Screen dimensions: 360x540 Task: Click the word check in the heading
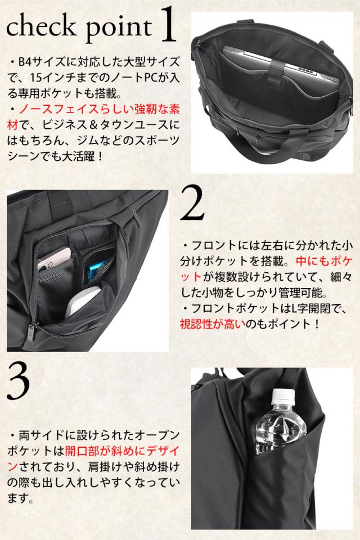click(41, 26)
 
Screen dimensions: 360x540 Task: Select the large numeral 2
click(192, 203)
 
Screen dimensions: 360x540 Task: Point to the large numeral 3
click(18, 383)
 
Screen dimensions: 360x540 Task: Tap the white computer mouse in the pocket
click(83, 301)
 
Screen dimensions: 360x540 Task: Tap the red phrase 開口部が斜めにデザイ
click(122, 451)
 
